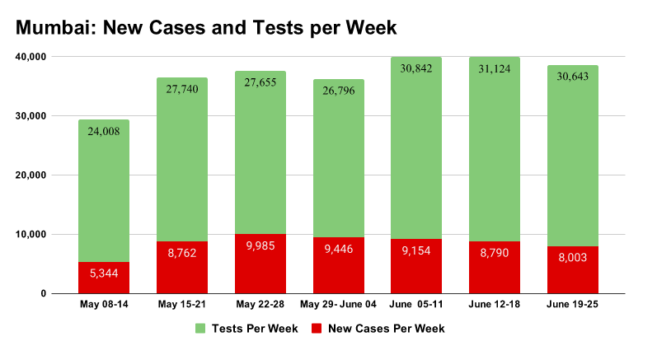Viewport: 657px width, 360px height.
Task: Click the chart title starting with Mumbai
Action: tap(206, 28)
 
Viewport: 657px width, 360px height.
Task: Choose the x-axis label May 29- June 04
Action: tap(339, 305)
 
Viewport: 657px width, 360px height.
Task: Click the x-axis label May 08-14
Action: tap(104, 305)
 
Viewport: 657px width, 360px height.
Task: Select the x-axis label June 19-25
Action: tap(573, 305)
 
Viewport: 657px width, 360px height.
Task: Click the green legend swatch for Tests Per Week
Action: tap(199, 329)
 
